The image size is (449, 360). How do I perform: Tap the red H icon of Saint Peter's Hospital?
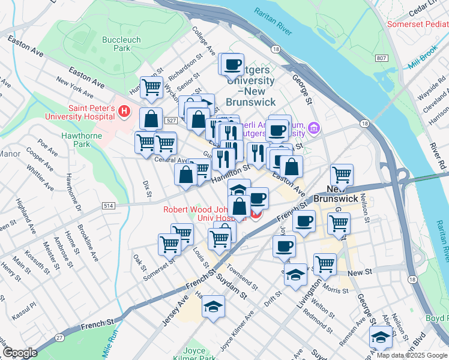click(124, 111)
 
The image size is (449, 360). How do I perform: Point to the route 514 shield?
click(109, 206)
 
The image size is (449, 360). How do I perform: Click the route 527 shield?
click(171, 121)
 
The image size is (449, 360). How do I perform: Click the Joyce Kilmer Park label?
click(199, 353)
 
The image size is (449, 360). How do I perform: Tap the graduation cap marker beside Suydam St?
click(213, 306)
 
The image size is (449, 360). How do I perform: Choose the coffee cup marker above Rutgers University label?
click(233, 64)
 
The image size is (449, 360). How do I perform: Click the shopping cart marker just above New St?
click(325, 263)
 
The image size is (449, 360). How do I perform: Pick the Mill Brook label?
click(426, 62)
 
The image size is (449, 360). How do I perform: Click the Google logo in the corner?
click(20, 353)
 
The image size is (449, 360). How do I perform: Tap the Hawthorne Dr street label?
click(74, 199)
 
